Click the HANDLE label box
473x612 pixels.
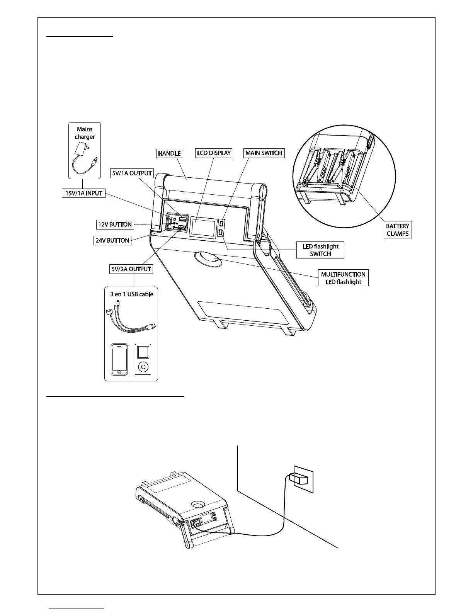(169, 153)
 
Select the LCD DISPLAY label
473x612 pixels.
(214, 153)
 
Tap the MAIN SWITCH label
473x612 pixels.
(264, 153)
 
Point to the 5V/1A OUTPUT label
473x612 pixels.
(131, 173)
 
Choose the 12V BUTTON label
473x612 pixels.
(114, 224)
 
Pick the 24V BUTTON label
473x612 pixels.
(112, 240)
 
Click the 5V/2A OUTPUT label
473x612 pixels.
(131, 269)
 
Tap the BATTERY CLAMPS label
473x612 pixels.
(398, 229)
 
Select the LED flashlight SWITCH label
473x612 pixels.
(320, 250)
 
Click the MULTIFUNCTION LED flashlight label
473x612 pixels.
(343, 278)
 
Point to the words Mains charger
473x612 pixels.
(85, 133)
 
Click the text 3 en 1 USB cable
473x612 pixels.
(131, 294)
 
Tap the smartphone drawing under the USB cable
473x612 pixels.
(119, 359)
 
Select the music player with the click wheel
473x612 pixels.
(143, 359)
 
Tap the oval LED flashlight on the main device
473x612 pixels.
(208, 259)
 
